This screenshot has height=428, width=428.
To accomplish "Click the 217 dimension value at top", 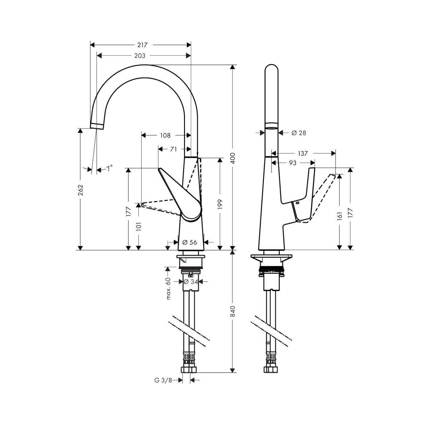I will (x=142, y=45).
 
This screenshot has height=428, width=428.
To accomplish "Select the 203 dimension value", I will (x=139, y=56).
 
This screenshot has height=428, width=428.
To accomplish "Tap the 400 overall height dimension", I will (x=233, y=158).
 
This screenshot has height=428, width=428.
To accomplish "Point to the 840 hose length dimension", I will (x=233, y=311).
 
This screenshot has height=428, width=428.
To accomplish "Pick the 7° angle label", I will (x=109, y=168).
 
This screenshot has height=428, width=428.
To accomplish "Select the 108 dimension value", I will (x=165, y=135).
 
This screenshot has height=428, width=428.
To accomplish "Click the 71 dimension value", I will (x=173, y=149).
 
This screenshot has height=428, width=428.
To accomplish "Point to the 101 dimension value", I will (x=138, y=226).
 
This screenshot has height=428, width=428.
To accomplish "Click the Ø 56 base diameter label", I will (x=190, y=242).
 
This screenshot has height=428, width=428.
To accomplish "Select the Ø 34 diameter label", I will (x=191, y=282).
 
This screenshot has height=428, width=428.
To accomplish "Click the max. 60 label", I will (x=168, y=288).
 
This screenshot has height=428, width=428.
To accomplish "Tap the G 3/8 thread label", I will (x=163, y=380).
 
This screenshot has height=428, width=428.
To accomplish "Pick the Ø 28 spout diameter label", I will (x=298, y=133).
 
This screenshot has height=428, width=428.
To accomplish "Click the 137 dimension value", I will (x=303, y=153).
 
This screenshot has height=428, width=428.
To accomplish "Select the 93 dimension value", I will (x=293, y=163).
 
